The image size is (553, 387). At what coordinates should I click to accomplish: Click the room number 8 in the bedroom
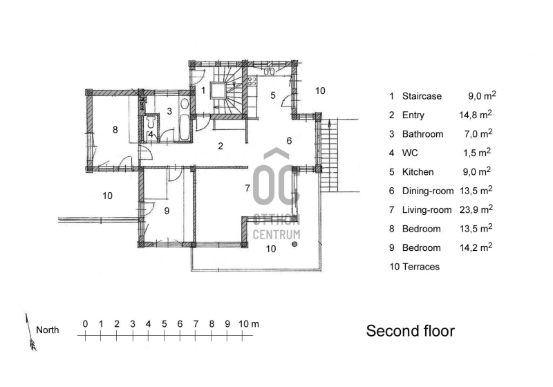(115, 130)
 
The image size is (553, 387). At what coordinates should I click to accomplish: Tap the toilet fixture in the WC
(151, 121)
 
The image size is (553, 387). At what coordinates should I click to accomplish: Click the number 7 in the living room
(247, 188)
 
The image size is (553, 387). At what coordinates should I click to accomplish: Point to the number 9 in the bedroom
(167, 211)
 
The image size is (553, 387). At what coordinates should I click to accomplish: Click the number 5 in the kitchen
(273, 95)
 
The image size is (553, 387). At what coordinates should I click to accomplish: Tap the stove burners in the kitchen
(252, 82)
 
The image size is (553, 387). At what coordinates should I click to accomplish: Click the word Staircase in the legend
(422, 96)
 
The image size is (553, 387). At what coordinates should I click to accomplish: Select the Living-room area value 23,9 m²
(476, 209)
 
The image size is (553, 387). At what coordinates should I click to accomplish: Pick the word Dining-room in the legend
(428, 191)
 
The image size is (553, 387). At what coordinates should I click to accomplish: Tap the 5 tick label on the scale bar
(165, 324)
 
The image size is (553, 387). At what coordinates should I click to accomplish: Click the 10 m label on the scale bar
(249, 324)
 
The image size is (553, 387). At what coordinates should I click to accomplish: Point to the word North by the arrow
(47, 330)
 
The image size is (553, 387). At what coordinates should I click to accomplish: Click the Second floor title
(411, 331)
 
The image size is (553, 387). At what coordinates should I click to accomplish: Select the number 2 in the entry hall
(221, 146)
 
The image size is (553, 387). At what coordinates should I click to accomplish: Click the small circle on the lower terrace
(294, 244)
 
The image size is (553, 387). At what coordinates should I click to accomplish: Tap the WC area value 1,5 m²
(477, 153)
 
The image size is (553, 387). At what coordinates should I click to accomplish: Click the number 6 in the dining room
(289, 141)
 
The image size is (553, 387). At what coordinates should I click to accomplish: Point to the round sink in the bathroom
(185, 104)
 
